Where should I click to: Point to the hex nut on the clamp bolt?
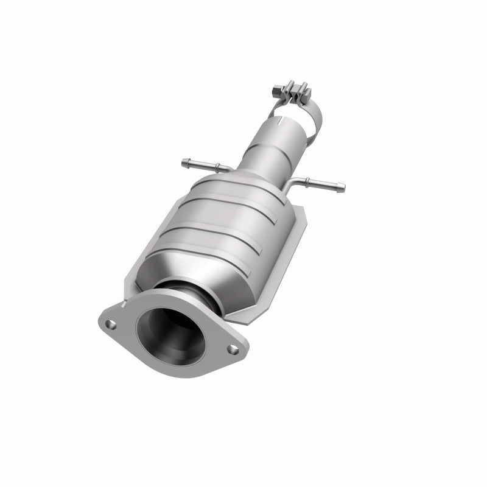tap(275, 93)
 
